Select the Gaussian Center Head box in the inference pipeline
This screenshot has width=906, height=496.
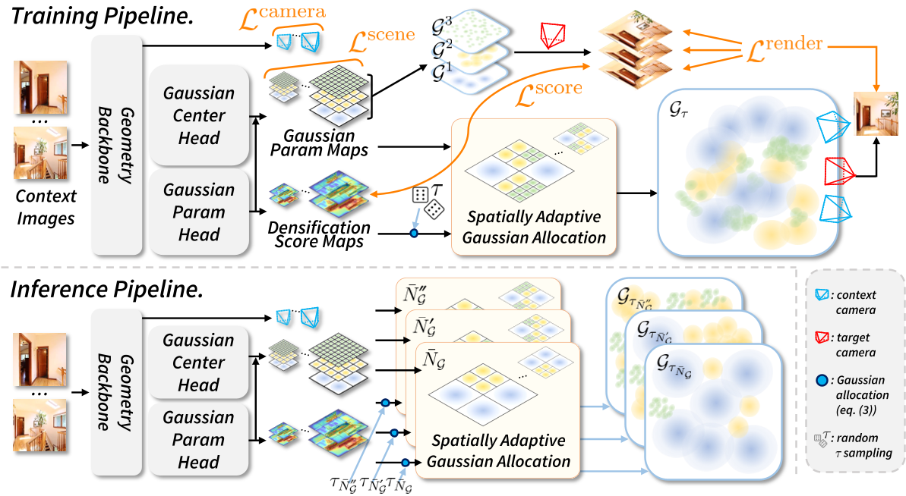pos(199,363)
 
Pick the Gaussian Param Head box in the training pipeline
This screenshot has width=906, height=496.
pos(199,212)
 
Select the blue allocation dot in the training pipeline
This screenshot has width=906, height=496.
pos(413,233)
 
